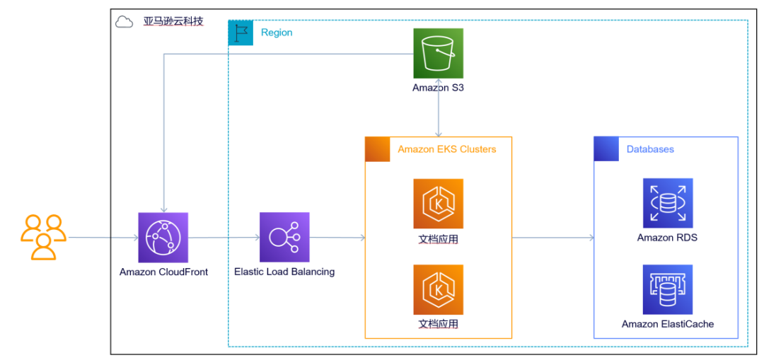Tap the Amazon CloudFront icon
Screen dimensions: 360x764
(x=163, y=238)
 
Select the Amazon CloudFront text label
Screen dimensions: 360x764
(x=163, y=272)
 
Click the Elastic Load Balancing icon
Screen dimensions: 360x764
(x=284, y=238)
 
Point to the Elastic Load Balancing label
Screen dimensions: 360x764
(x=284, y=272)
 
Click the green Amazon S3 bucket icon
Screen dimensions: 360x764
(x=439, y=54)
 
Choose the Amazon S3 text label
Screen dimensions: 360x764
(x=439, y=88)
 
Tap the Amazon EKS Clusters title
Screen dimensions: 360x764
(x=446, y=149)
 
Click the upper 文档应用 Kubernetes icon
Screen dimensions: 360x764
(x=439, y=204)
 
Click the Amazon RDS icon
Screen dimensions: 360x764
(x=667, y=204)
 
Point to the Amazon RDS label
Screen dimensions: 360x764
(x=667, y=238)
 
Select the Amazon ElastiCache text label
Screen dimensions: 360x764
(x=667, y=324)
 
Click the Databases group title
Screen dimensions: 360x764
(x=650, y=149)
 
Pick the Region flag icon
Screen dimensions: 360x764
(x=241, y=33)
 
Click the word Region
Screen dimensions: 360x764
(x=277, y=33)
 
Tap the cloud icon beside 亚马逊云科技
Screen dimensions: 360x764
(x=125, y=22)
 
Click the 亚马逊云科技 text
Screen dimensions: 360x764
(x=173, y=21)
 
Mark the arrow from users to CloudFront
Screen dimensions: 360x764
(x=103, y=238)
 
